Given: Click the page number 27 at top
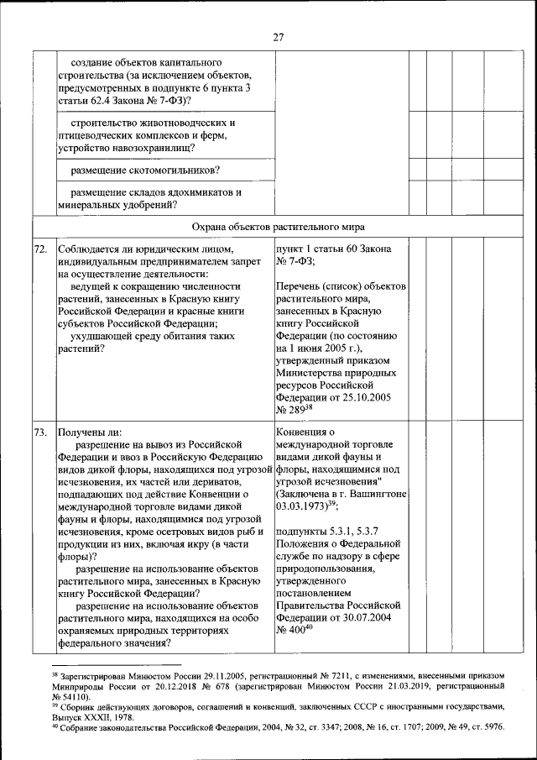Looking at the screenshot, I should pos(279,36).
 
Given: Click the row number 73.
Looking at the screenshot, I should pos(40,432).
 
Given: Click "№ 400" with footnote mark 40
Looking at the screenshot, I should pos(289,631).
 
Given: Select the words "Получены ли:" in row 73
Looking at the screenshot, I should pos(90,432).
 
